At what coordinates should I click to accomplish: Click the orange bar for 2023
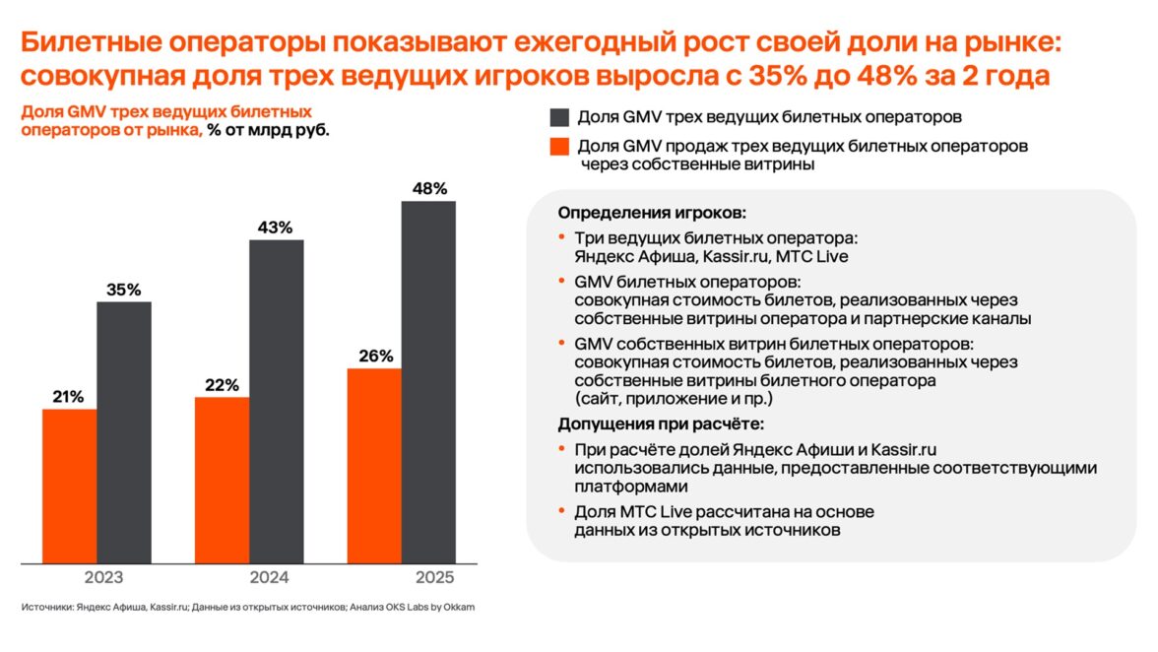69,487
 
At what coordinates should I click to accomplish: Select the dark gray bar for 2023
124,433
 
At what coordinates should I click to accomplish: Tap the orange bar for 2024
222,481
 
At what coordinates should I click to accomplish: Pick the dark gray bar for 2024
277,402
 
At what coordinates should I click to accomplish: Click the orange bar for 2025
374,466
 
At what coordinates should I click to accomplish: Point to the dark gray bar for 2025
429,383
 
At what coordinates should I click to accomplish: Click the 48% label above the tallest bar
429,188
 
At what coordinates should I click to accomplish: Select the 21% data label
69,396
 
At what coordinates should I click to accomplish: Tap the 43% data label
276,228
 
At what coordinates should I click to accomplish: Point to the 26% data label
375,356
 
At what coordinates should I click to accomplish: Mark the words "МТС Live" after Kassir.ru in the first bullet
812,257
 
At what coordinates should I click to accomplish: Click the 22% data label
223,385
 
